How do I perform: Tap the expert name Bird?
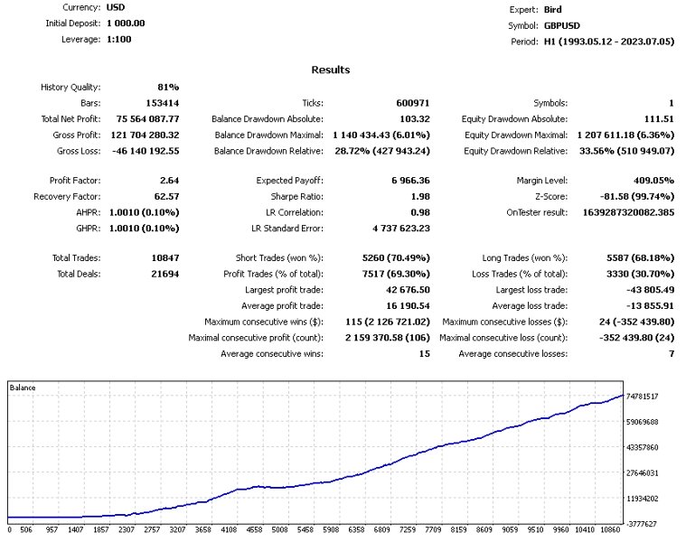[552, 10]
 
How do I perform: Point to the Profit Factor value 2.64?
[168, 181]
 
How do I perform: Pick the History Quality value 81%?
[168, 88]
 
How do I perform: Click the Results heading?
[330, 70]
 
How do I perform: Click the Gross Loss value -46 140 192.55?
[145, 150]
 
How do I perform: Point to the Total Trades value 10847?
[164, 258]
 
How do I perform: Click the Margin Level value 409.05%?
[649, 181]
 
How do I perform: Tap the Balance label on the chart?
[23, 388]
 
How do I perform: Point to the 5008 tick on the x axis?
[280, 531]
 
